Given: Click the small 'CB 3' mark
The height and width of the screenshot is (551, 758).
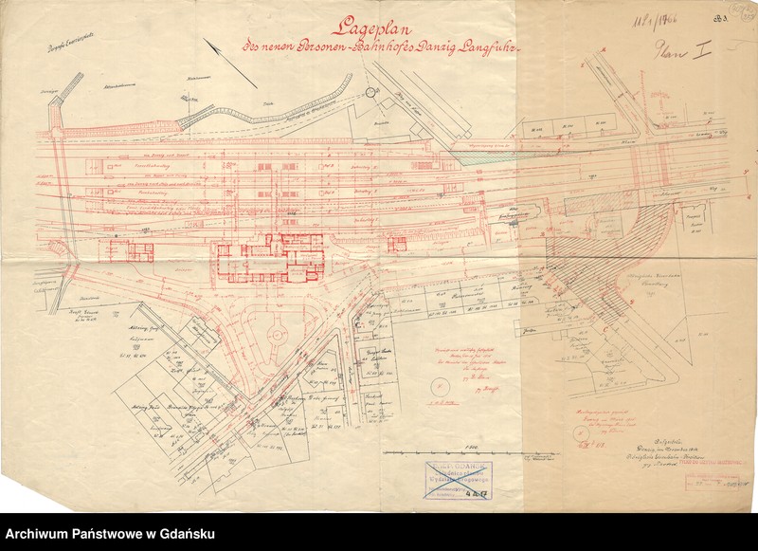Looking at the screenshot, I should [731, 13].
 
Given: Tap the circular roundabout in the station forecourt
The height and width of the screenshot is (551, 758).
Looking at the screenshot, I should [277, 335].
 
